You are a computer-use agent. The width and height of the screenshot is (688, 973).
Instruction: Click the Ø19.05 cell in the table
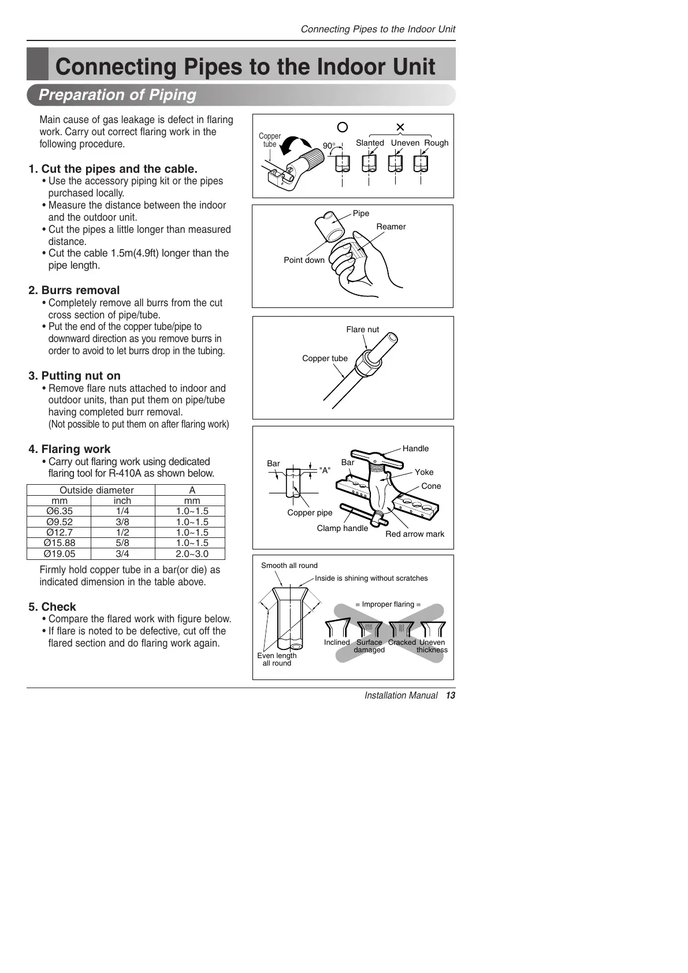(59, 554)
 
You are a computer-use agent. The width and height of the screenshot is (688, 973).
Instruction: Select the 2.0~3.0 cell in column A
(192, 554)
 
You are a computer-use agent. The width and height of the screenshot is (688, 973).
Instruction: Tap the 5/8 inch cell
(122, 543)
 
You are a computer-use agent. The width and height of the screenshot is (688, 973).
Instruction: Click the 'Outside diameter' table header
(96, 490)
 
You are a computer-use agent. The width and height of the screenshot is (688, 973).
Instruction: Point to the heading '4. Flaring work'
(69, 449)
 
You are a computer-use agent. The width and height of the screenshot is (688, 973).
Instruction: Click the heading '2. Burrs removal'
(74, 290)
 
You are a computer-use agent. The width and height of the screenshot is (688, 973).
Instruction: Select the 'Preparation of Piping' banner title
(117, 95)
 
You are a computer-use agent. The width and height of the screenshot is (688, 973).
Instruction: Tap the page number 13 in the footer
(451, 695)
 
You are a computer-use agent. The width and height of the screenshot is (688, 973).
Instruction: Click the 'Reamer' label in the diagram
(391, 226)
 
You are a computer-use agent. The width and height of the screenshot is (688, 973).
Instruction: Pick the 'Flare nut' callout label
(362, 329)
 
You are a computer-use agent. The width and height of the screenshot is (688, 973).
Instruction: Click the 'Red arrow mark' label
(415, 534)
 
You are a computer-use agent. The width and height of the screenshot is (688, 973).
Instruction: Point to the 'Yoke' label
(423, 472)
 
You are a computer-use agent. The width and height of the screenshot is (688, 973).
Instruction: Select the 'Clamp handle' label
(342, 528)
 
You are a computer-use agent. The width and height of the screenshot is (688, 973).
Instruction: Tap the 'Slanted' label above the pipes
(370, 143)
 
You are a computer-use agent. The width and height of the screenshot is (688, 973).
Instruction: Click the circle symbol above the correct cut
(343, 127)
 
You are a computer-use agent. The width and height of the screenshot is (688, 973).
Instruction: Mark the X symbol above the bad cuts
(400, 127)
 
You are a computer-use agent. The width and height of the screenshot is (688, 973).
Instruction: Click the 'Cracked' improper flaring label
(401, 643)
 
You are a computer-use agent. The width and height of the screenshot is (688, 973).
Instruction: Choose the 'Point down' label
(304, 260)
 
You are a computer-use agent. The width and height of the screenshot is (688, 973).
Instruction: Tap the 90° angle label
(329, 146)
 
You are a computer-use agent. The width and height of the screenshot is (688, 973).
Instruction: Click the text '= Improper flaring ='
(388, 604)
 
